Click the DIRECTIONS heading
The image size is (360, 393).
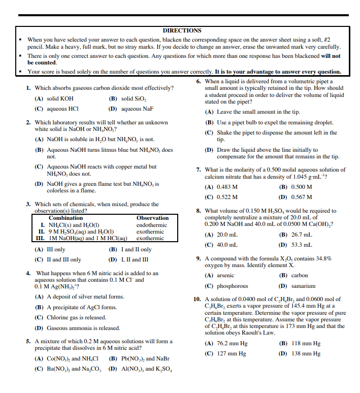tap(182, 30)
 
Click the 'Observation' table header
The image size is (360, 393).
tap(152, 218)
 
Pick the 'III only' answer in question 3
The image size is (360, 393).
tap(56, 249)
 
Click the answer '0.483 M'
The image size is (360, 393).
tap(227, 187)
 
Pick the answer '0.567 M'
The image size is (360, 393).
tap(302, 197)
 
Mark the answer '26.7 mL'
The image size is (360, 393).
tap(303, 235)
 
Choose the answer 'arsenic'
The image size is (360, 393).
tap(225, 276)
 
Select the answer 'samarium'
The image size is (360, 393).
tap(304, 286)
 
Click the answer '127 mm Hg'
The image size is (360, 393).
tap(232, 353)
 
